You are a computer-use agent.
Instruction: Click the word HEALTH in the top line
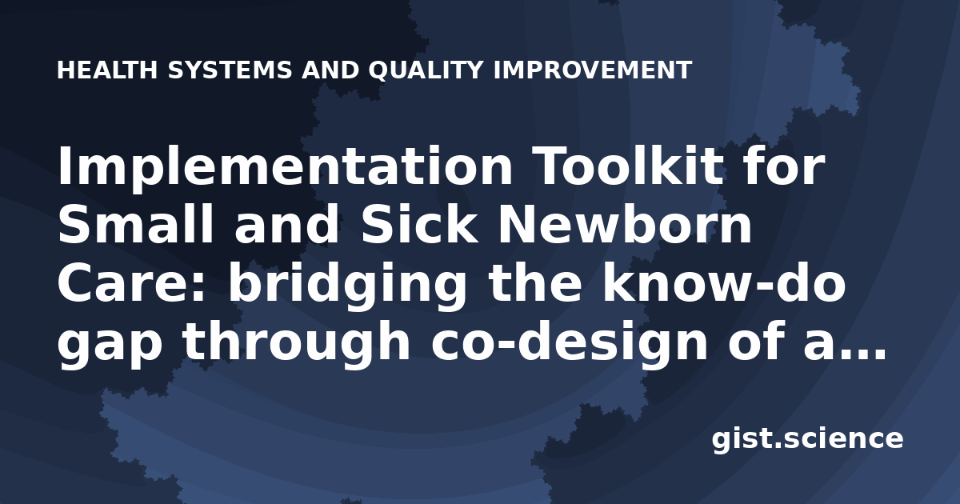coord(107,70)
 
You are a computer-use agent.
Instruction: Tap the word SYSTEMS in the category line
coord(230,70)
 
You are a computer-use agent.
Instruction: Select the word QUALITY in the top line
coord(426,70)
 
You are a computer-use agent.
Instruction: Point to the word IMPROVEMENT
coord(593,70)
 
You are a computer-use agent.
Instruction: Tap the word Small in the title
coord(135,224)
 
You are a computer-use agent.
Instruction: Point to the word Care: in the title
coord(131,283)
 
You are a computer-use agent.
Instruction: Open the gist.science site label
coord(807,440)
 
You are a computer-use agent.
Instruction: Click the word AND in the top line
coord(330,70)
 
